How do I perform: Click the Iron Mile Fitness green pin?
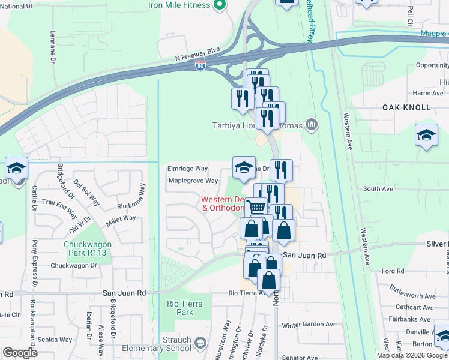click(x=219, y=5)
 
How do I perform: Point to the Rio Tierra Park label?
click(x=181, y=307)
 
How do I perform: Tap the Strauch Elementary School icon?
click(x=200, y=343)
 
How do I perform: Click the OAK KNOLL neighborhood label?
click(x=406, y=107)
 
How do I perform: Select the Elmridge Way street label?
click(x=188, y=169)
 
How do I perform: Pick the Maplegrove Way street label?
click(x=193, y=181)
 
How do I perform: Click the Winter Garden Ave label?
click(x=309, y=325)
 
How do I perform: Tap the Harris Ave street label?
click(x=428, y=93)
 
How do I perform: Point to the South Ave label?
click(x=378, y=189)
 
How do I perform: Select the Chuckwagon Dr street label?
click(x=74, y=265)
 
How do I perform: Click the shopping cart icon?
click(x=257, y=208)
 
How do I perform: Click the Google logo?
click(x=20, y=353)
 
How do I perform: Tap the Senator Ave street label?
click(x=299, y=357)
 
